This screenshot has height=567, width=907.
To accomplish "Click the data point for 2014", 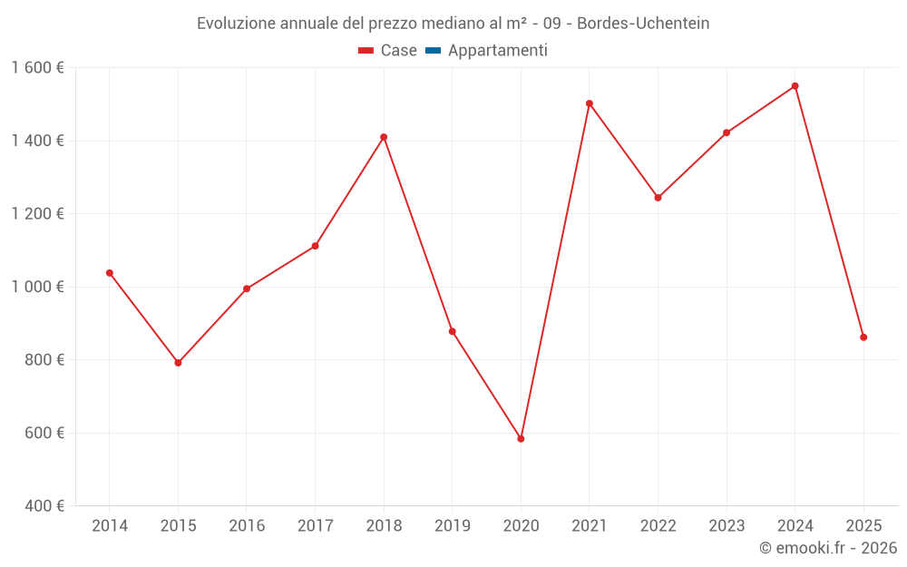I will [x=110, y=273].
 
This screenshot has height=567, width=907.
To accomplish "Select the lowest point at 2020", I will [x=521, y=439].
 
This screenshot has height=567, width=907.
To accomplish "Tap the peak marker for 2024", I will [x=795, y=86].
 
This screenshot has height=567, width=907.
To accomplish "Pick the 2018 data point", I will [x=384, y=137].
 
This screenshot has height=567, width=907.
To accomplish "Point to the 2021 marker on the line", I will [x=590, y=103].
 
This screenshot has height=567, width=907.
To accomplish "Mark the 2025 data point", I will [x=863, y=337].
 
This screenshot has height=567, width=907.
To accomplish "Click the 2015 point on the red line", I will [x=178, y=363].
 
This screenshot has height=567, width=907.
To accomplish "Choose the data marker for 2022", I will [x=658, y=198].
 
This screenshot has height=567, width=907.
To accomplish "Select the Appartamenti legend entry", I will [x=497, y=51].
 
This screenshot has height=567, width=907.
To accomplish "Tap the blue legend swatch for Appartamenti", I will [x=433, y=51].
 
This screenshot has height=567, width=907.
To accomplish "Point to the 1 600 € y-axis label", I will [x=37, y=68].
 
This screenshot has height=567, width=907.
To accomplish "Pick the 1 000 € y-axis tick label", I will [x=37, y=287].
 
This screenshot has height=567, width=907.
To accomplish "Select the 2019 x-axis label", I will [x=453, y=526].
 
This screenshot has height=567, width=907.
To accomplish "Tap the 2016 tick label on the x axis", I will [x=247, y=526].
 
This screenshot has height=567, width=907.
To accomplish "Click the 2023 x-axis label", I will [x=727, y=526].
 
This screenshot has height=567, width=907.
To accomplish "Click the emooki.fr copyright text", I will [x=828, y=548].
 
